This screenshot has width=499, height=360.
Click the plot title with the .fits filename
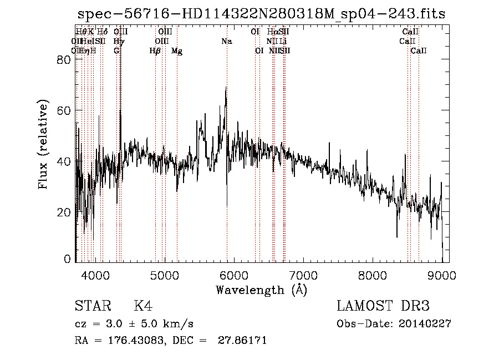[261, 14]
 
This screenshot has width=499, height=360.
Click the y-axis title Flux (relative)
[43, 145]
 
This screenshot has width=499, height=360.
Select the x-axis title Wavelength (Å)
[261, 290]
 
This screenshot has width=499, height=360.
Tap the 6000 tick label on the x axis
[234, 275]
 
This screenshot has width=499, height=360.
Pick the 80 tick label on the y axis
[65, 60]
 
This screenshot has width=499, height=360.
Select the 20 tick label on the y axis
[65, 212]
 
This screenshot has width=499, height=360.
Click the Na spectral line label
[226, 41]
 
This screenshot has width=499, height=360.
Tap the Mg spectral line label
[177, 51]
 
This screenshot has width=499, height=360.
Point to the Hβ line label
[155, 51]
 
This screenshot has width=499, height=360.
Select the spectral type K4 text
[143, 306]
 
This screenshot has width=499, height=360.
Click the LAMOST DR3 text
[383, 306]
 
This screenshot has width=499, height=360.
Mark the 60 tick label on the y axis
[65, 111]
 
